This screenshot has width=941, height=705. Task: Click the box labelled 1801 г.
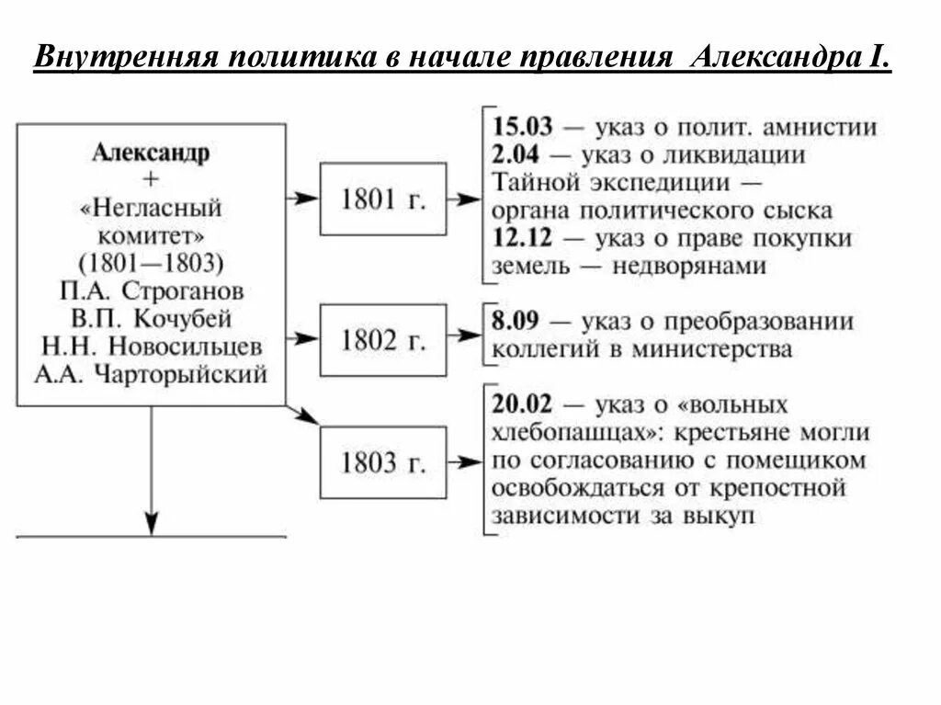[382, 199]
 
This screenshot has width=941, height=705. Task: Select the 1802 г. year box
[382, 340]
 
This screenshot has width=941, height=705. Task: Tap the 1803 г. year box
[382, 462]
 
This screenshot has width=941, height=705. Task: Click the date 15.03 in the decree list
[523, 127]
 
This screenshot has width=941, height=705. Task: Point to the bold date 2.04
[516, 154]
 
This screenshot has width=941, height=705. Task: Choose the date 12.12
[523, 238]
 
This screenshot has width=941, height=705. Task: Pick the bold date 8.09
[516, 322]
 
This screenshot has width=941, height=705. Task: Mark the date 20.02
[523, 404]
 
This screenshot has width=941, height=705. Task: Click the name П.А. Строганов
[152, 291]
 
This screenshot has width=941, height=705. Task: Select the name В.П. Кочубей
[152, 319]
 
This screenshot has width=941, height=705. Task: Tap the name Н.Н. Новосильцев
[152, 347]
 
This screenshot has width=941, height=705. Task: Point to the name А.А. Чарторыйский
[152, 374]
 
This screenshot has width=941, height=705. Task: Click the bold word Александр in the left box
[151, 153]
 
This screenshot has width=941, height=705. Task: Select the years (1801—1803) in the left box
[151, 264]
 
